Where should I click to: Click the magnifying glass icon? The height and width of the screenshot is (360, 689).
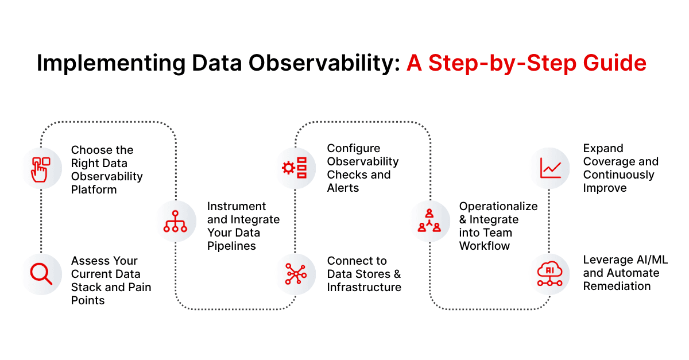tap(41, 274)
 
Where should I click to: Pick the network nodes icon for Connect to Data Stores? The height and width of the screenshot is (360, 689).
tap(296, 274)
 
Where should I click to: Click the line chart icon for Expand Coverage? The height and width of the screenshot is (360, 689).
tap(550, 168)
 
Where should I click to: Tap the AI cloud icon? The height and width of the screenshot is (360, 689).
tap(550, 274)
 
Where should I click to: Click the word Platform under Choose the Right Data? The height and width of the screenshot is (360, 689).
tap(94, 189)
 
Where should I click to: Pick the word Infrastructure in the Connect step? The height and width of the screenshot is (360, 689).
tap(364, 287)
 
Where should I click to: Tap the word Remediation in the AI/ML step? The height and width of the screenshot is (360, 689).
tap(617, 286)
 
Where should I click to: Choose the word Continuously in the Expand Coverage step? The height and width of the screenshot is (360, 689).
tap(618, 175)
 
